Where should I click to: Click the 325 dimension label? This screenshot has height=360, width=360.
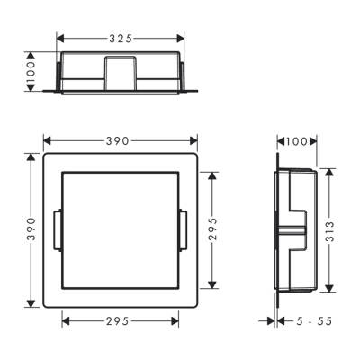coord(121,39)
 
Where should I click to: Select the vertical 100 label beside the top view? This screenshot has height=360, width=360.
coord(30,73)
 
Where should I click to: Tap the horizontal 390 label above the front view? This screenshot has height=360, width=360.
coord(120,140)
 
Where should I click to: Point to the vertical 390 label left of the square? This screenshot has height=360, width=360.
coord(30,229)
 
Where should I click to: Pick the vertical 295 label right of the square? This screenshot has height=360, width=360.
coord(211,229)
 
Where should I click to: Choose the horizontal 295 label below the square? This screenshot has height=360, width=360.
coord(121,319)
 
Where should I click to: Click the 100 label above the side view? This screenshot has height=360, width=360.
coord(295,141)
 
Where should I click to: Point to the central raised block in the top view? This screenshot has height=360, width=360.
coord(120,72)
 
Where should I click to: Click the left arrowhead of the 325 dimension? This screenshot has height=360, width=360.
coord(60,39)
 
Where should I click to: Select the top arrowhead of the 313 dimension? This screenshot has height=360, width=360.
coord(330,170)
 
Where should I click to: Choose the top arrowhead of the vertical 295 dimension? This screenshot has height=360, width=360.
coord(211,174)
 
